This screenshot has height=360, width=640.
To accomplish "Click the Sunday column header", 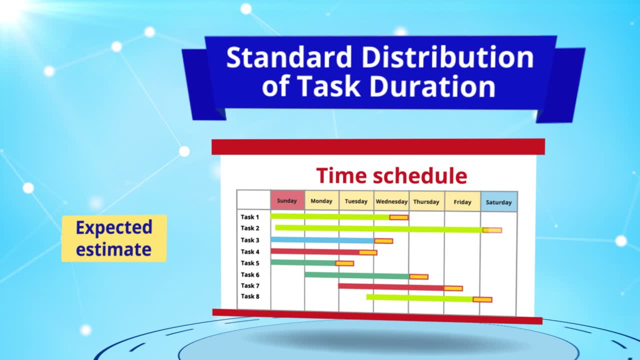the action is (x=287, y=200).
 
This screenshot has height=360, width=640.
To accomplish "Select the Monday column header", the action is (x=321, y=200).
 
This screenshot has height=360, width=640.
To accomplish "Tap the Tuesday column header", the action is (x=356, y=201).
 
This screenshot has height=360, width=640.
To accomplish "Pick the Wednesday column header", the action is (x=391, y=201).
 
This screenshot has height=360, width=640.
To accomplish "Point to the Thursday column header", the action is (x=426, y=201).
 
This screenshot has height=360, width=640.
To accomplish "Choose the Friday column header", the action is (x=462, y=201).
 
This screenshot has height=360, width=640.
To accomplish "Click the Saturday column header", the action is (x=499, y=202).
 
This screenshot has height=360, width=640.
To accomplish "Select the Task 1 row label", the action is (x=250, y=217).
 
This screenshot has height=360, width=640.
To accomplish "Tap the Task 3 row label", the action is (x=250, y=240).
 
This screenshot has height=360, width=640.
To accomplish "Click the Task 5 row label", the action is (x=250, y=263).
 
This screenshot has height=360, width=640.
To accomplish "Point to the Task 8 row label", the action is (x=250, y=296).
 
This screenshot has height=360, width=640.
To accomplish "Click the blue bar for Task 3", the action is (x=322, y=240).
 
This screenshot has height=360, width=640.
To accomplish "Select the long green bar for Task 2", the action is (x=379, y=228).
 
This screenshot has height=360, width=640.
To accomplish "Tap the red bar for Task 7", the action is (x=391, y=287).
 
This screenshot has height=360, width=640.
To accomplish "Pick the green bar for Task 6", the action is (x=357, y=275).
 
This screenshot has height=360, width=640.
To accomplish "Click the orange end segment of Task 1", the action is (x=399, y=217).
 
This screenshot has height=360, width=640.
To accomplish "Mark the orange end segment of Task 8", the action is (x=482, y=299).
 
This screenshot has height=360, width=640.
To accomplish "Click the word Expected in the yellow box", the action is (x=114, y=228).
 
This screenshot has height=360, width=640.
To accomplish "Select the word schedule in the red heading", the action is (x=420, y=175).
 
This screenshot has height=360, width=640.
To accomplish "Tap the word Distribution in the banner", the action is (x=447, y=57).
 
